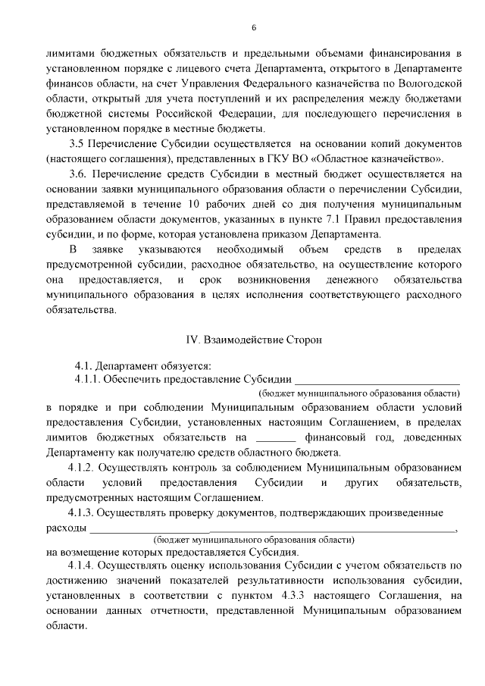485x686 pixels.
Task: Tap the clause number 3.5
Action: (x=78, y=143)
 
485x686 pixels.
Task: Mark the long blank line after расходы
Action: (x=273, y=528)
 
